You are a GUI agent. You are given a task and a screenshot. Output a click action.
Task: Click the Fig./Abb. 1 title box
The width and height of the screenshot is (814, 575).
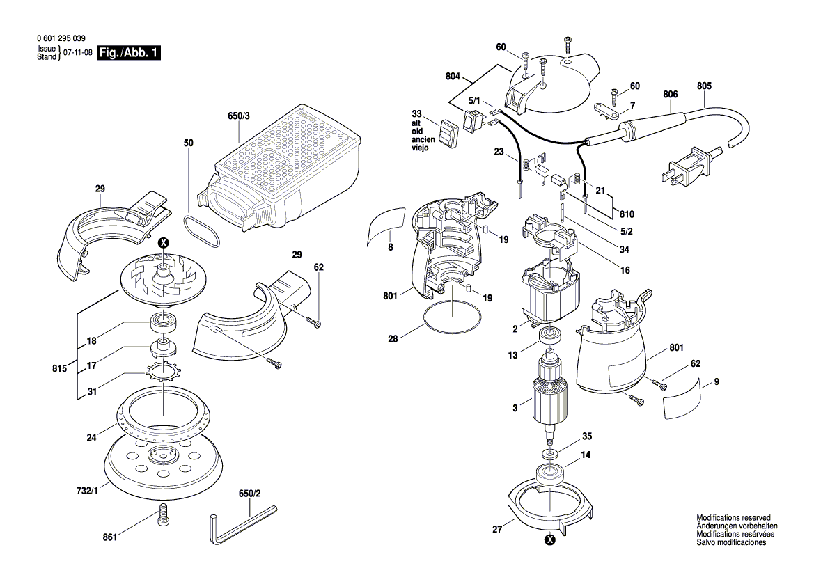[x=129, y=53]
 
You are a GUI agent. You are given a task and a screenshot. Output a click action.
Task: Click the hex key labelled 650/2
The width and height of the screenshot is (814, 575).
[x=240, y=523]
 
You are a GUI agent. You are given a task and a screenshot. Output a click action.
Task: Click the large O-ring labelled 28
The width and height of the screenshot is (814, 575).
[x=452, y=320]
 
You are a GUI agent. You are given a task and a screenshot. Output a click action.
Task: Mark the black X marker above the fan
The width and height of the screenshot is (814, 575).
[x=164, y=243]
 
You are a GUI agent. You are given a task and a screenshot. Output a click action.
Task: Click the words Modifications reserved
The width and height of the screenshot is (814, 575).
[x=733, y=518]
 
